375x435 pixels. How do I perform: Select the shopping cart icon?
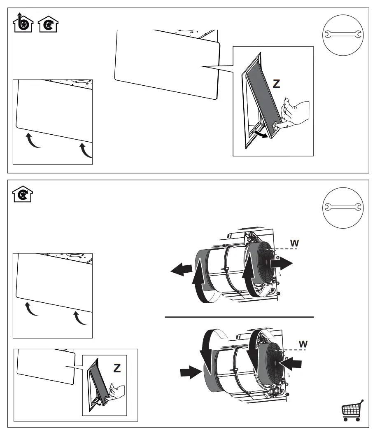[x=352, y=411]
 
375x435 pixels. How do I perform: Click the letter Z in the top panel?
[x=277, y=84]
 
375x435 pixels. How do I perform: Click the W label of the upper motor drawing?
[x=294, y=243]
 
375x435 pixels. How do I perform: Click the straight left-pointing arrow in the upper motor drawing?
[x=182, y=271]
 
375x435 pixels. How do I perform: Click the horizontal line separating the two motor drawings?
[x=239, y=317]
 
